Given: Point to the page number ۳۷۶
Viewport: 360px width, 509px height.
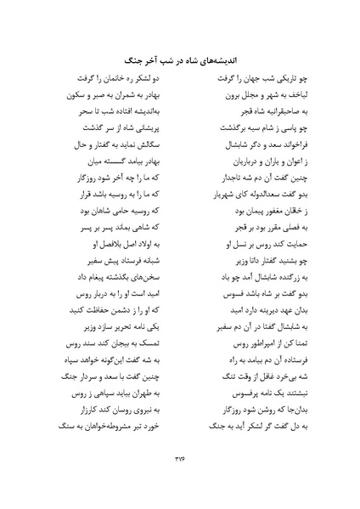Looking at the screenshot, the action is click(x=179, y=460).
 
